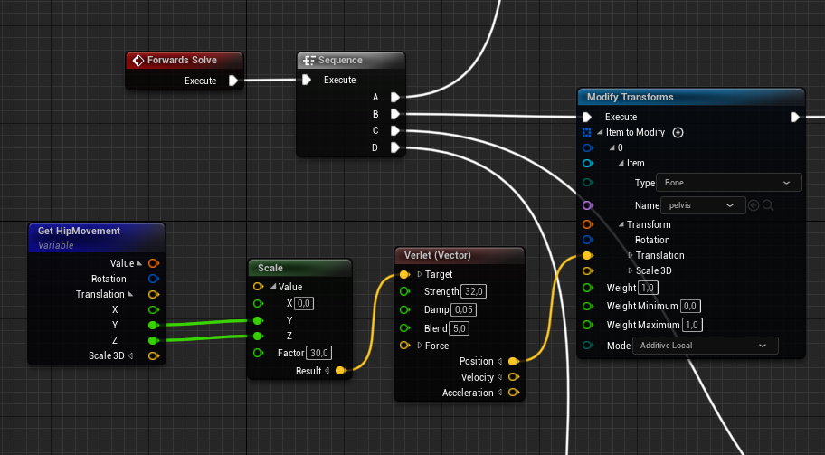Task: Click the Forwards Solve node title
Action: click(x=182, y=61)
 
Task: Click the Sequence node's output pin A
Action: click(x=395, y=97)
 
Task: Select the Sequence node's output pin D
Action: click(x=395, y=147)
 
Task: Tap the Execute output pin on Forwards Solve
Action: click(x=233, y=81)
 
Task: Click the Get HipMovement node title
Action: click(x=79, y=231)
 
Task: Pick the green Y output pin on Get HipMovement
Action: click(x=153, y=325)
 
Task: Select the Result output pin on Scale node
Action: click(x=340, y=371)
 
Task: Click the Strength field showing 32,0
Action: click(x=474, y=292)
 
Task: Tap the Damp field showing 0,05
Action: click(x=464, y=310)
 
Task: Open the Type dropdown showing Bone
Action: click(x=728, y=183)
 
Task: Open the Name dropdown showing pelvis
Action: click(x=700, y=205)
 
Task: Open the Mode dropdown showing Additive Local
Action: click(x=705, y=346)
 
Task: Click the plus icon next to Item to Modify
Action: click(x=678, y=132)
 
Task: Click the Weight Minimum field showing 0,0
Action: click(x=689, y=307)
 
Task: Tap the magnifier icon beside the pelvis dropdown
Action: click(x=768, y=205)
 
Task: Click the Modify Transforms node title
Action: click(x=630, y=97)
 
